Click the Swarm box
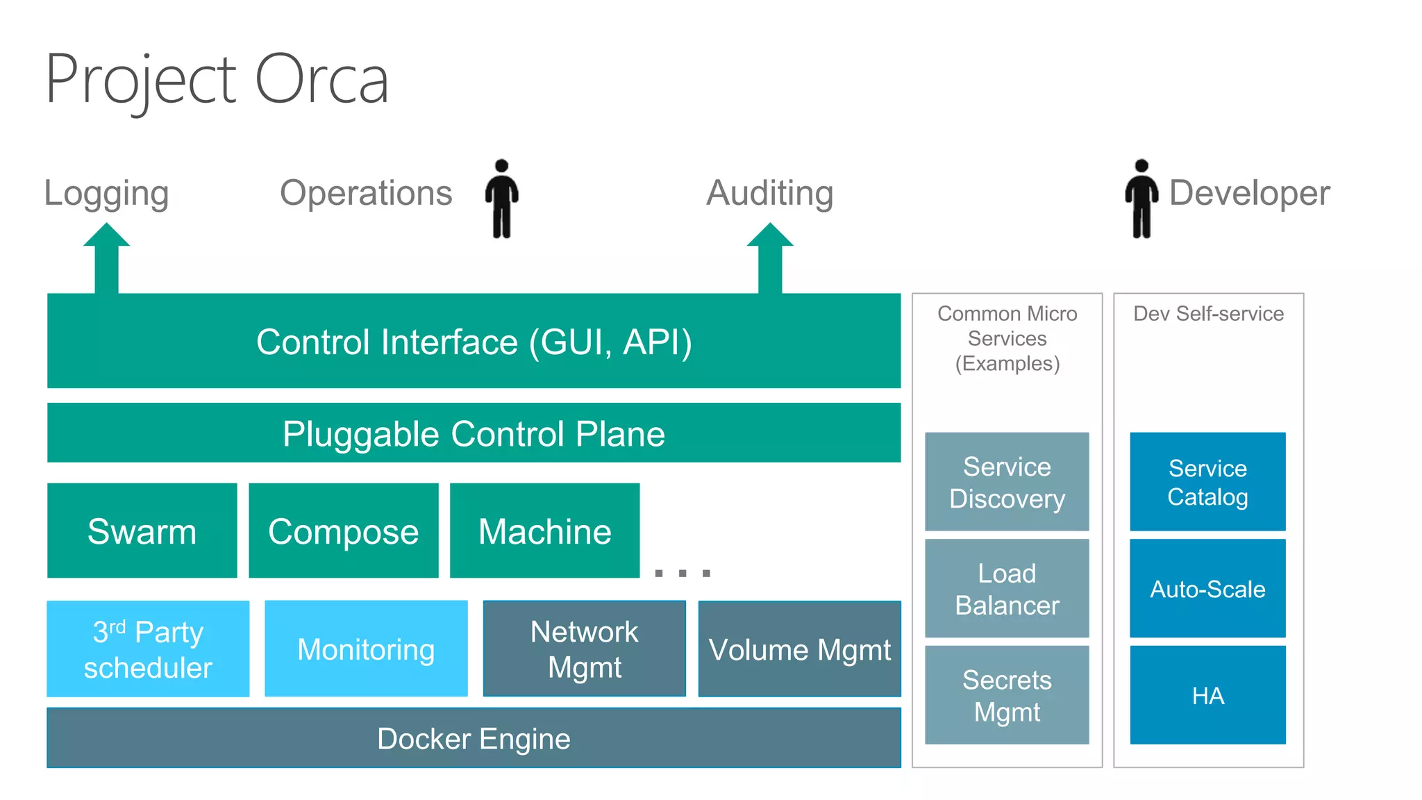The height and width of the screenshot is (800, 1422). pos(142,531)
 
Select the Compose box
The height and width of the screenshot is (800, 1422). pos(343,531)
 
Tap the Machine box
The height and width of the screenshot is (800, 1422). pos(544,531)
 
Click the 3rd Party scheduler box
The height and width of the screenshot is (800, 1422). pos(148,649)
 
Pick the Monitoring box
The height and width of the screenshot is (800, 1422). pos(366,649)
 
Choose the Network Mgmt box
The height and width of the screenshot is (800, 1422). pos(584,649)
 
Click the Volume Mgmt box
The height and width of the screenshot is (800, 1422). pos(799,649)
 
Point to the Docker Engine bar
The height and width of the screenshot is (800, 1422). pos(474,737)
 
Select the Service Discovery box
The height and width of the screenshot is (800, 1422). pos(1007,482)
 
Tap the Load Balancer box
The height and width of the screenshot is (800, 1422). pos(1007,588)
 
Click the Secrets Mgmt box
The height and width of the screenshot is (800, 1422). pos(1007,695)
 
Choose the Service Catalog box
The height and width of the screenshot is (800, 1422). pos(1207,482)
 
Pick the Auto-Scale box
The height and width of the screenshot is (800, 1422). pos(1207,588)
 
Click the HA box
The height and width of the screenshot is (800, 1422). pos(1207,695)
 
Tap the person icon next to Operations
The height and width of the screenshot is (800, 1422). pos(501,199)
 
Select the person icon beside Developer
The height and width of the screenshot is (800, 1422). pos(1141,199)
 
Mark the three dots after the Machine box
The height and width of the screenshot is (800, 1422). pos(683,573)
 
